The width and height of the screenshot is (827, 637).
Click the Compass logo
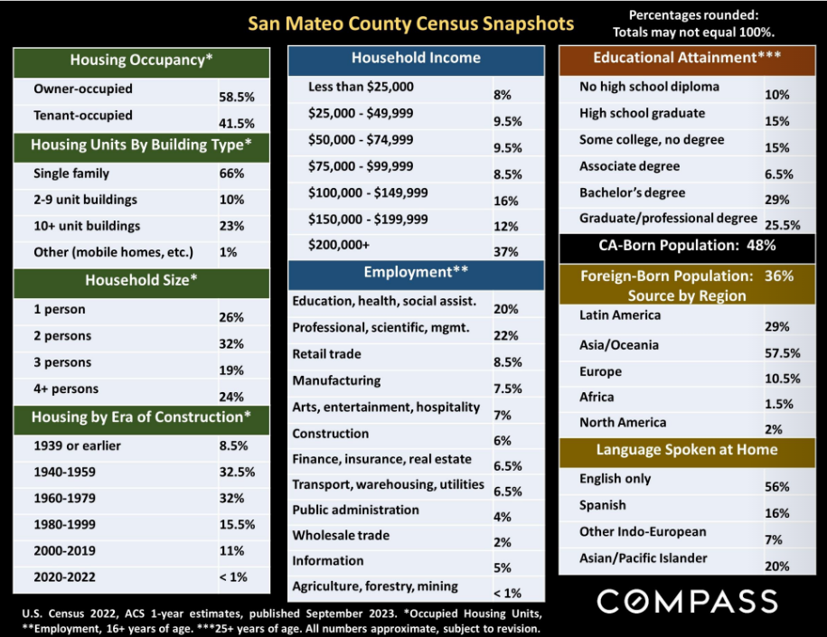pyautogui.click(x=687, y=601)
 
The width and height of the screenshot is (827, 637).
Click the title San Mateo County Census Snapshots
pyautogui.click(x=411, y=23)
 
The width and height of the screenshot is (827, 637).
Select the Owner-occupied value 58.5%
pyautogui.click(x=237, y=97)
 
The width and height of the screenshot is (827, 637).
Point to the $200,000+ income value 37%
pyautogui.click(x=506, y=252)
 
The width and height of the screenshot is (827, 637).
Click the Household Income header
pyautogui.click(x=416, y=58)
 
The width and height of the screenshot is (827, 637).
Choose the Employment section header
pyautogui.click(x=416, y=272)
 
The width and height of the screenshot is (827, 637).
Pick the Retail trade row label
pyautogui.click(x=326, y=354)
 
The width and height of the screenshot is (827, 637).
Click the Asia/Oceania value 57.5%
pyautogui.click(x=782, y=353)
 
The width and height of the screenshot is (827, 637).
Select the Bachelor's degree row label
pyautogui.click(x=632, y=192)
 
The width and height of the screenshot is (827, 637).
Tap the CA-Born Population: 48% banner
pyautogui.click(x=687, y=246)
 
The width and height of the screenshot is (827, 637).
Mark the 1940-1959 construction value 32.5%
pyautogui.click(x=237, y=472)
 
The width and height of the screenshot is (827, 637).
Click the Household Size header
pyautogui.click(x=141, y=280)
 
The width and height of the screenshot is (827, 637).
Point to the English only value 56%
pyautogui.click(x=777, y=487)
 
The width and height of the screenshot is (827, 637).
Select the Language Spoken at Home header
pyautogui.click(x=687, y=450)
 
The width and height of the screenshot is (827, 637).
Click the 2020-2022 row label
pyautogui.click(x=64, y=576)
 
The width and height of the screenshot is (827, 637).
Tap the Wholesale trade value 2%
pyautogui.click(x=503, y=543)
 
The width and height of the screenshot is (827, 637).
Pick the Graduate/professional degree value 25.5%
pyautogui.click(x=782, y=225)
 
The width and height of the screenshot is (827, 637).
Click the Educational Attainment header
pyautogui.click(x=687, y=58)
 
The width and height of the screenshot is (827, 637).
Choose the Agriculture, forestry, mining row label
pyautogui.click(x=375, y=586)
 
